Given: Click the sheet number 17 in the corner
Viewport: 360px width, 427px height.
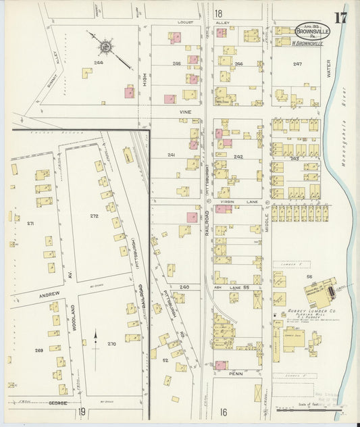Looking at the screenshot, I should [340, 17].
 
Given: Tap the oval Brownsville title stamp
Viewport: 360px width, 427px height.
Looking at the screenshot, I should [313, 31].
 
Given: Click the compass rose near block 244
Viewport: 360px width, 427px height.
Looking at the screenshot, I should [105, 47].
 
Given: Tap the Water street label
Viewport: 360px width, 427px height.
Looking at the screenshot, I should [330, 67].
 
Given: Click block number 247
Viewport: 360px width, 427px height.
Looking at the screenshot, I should [297, 64].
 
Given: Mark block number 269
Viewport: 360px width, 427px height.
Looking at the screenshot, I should [39, 351].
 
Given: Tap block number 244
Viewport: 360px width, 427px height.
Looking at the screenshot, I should [99, 62].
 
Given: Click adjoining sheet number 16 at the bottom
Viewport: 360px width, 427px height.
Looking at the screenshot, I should [223, 411].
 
